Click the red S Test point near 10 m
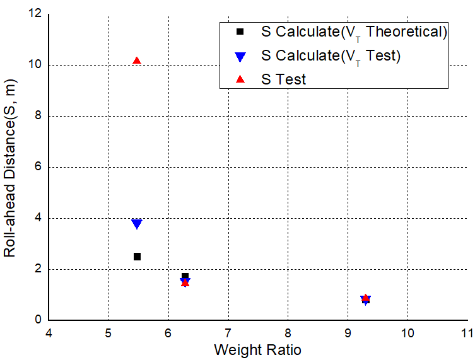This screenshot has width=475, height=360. coord(137,61)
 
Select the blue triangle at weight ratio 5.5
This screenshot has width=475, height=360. coord(137,224)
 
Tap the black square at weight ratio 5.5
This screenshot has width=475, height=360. coord(137,257)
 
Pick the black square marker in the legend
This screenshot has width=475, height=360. coord(240,32)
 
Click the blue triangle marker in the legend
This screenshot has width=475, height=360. coord(240,56)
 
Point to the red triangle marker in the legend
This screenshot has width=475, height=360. coord(240,79)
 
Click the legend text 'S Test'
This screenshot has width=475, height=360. coord(284,79)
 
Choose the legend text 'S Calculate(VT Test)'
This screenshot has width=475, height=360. coord(331,55)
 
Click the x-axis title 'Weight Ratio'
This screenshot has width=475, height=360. coord(258,349)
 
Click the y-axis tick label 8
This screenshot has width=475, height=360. coord(38,116)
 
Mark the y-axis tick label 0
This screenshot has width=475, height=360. coord(38,320)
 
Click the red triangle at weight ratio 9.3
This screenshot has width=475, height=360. coord(365,298)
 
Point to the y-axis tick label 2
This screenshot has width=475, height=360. coord(38,269)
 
